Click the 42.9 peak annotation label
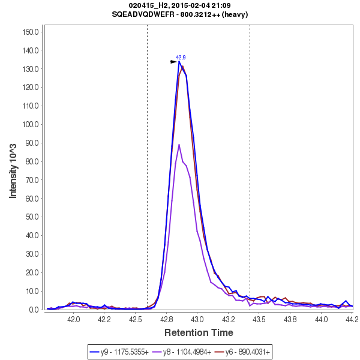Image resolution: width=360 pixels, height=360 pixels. (x=181, y=58)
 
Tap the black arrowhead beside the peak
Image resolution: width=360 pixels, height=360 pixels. (x=174, y=61)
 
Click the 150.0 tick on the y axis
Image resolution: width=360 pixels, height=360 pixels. (x=31, y=32)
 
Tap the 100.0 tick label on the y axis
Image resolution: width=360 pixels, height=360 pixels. (x=31, y=124)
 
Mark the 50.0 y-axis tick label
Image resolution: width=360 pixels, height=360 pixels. (x=33, y=217)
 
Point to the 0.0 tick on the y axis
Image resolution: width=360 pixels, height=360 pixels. (x=35, y=310)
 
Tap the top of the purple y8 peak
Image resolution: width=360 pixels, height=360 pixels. (x=179, y=144)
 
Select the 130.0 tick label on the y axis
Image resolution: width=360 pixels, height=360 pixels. (x=31, y=69)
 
